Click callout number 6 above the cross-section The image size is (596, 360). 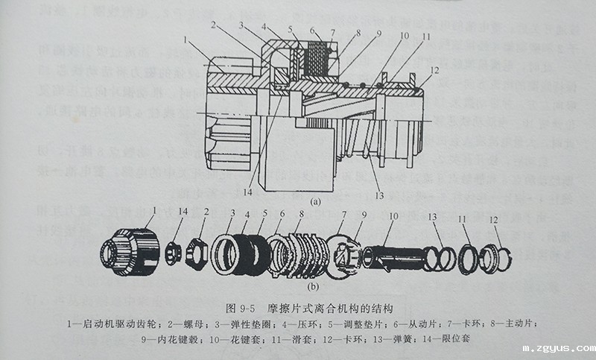click(x=314, y=31)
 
